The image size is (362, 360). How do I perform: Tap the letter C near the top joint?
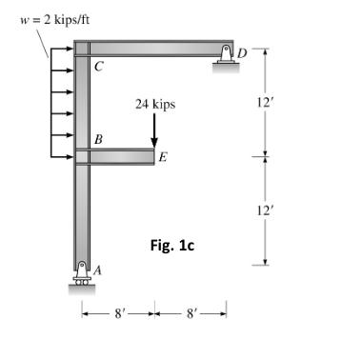[x=99, y=66]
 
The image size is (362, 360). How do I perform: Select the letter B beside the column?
[x=98, y=140]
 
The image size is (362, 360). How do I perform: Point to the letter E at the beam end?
[x=163, y=158]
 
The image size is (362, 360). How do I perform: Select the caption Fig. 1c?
[x=171, y=245]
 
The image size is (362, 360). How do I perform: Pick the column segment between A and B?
[x=81, y=214]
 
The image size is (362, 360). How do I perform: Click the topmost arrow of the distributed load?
[x=61, y=45]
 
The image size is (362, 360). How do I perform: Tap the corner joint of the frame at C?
[x=81, y=49]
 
